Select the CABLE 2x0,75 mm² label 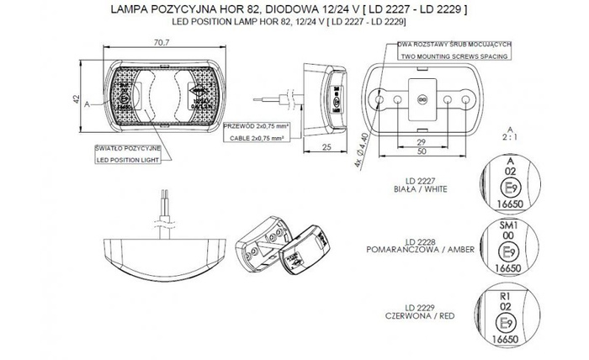[x=257, y=134]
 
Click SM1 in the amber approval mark [x=507, y=227]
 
